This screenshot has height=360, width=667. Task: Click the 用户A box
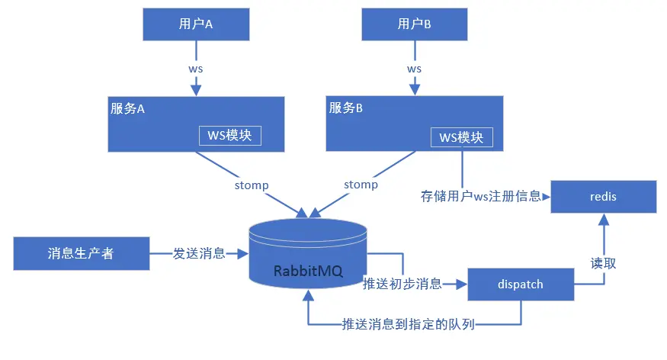pyautogui.click(x=196, y=24)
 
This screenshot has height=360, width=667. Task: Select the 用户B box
pyautogui.click(x=415, y=24)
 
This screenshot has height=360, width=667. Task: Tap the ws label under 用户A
pyautogui.click(x=196, y=69)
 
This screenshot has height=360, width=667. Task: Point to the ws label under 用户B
pyautogui.click(x=415, y=69)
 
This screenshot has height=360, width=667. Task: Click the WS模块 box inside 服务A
pyautogui.click(x=230, y=135)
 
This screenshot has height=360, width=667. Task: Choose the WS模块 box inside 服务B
pyautogui.click(x=461, y=137)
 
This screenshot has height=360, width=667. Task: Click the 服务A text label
pyautogui.click(x=127, y=108)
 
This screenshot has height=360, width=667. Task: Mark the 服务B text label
pyautogui.click(x=346, y=108)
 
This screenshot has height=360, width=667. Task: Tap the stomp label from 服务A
pyautogui.click(x=252, y=185)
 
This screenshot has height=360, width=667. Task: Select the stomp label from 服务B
pyautogui.click(x=361, y=185)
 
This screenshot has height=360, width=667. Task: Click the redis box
pyautogui.click(x=603, y=197)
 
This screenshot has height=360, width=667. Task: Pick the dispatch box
pyautogui.click(x=520, y=284)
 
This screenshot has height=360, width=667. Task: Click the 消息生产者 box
pyautogui.click(x=81, y=253)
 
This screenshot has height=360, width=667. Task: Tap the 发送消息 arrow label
pyautogui.click(x=199, y=253)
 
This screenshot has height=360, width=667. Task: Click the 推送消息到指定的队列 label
pyautogui.click(x=409, y=324)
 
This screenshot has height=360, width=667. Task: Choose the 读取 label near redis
pyautogui.click(x=604, y=262)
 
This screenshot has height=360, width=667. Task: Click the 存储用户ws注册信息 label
pyautogui.click(x=480, y=196)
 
